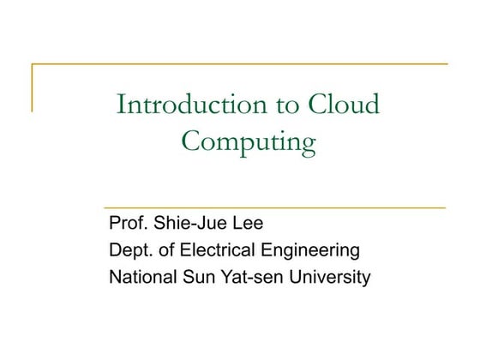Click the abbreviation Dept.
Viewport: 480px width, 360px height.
point(129,251)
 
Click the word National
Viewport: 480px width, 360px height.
point(141,277)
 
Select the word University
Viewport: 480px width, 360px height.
point(331,278)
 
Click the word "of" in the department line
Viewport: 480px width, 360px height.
point(166,251)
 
